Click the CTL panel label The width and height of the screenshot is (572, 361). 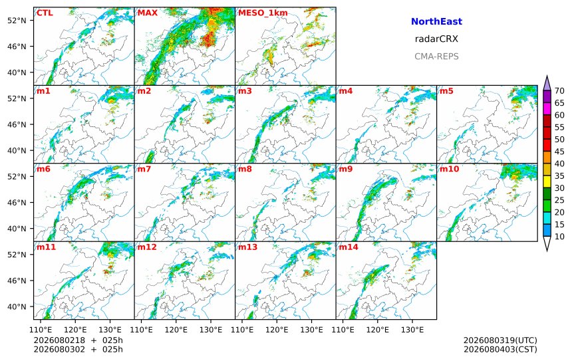coord(45,13)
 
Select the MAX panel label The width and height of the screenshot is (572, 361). coord(148,13)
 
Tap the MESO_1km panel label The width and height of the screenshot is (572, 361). coord(263,13)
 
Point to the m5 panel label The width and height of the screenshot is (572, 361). coord(446,91)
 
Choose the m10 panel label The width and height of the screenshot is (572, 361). coord(449,169)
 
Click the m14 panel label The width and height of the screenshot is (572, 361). coord(349,247)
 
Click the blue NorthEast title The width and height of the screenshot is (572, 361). coord(436,21)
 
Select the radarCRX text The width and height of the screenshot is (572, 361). coord(436,39)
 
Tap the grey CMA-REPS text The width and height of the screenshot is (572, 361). coord(436,57)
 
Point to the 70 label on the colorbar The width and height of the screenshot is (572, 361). coord(559,91)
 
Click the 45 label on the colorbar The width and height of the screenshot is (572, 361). coord(559,152)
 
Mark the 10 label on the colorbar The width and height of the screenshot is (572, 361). coord(559,237)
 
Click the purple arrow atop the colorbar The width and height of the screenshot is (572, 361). coord(547,83)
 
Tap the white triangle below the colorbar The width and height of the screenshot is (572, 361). coord(547,243)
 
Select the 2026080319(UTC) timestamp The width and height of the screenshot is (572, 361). coord(500,340)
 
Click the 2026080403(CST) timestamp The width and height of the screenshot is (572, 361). coord(500,349)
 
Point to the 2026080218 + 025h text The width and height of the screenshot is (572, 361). coord(78,340)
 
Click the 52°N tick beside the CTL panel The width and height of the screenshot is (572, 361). coord(17,21)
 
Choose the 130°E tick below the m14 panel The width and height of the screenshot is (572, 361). coord(412,330)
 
